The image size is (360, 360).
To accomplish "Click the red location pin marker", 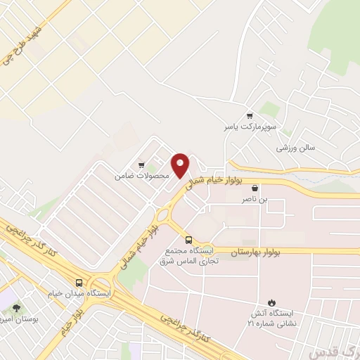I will click(181, 165).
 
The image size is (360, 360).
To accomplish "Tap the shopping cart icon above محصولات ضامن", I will click(141, 165).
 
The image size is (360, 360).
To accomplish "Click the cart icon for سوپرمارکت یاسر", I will click(249, 115).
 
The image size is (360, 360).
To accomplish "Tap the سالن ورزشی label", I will click(295, 148).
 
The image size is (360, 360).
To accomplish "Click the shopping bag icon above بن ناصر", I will click(255, 188).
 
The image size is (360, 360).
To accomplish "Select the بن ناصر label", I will click(255, 199).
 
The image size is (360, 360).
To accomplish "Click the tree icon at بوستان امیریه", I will click(16, 308).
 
